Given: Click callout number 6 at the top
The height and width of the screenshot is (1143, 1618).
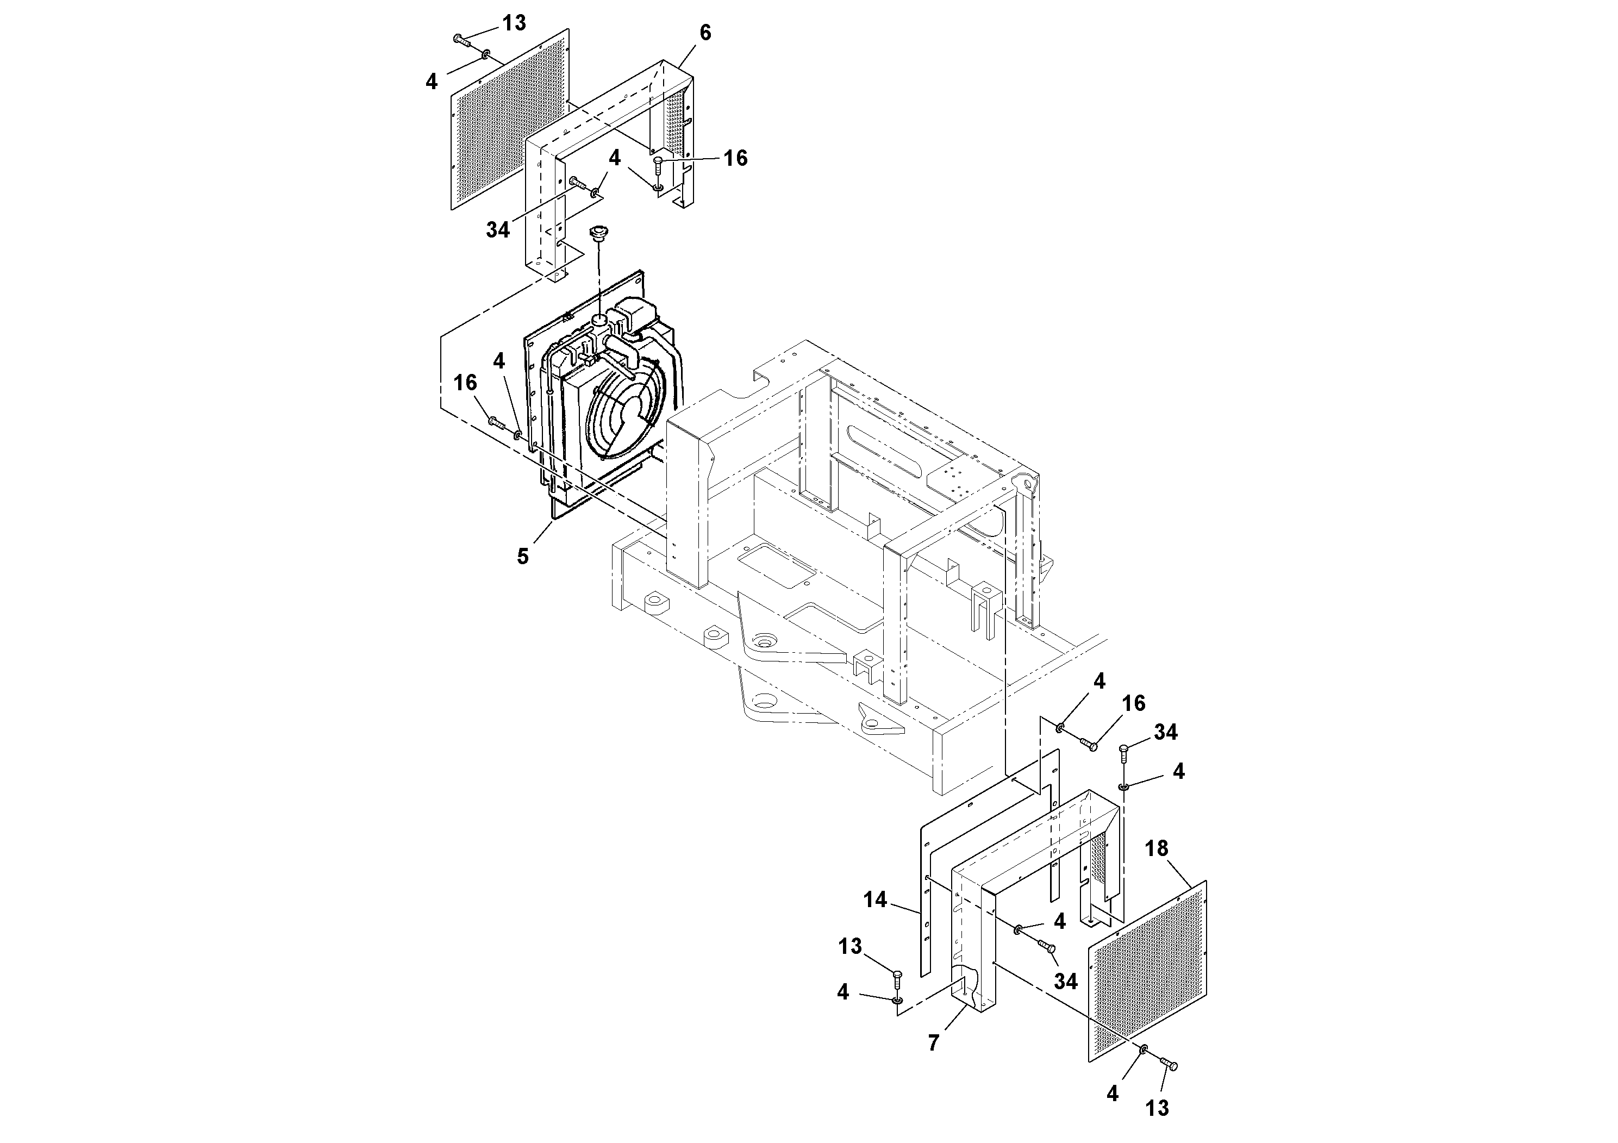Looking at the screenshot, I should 705,33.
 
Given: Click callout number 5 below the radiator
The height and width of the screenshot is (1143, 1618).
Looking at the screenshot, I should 522,557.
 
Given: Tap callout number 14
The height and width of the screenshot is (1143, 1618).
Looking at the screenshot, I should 874,899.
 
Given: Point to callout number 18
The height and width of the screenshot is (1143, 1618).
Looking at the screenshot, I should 1157,848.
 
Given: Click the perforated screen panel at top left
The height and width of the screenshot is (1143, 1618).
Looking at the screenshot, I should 508,120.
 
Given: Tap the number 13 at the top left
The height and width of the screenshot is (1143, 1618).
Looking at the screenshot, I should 514,23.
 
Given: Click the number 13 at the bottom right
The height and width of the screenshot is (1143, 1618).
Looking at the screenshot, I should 1157,1108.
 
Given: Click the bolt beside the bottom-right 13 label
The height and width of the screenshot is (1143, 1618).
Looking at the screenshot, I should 1167,1084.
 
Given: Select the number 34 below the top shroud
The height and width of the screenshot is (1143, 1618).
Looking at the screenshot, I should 497,230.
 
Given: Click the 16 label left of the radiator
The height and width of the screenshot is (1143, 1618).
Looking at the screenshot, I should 465,383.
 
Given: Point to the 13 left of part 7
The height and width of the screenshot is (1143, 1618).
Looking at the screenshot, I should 850,946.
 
